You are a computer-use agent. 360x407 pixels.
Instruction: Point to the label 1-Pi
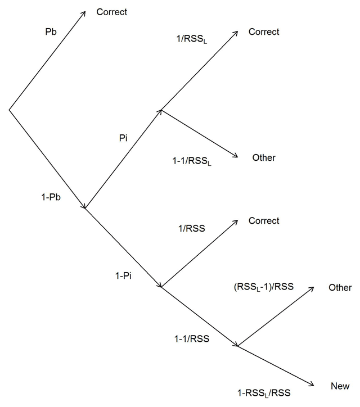coord(123,275)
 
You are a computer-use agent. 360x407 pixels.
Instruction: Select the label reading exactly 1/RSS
coord(191,228)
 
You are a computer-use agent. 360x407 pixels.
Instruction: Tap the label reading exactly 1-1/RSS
coord(191,338)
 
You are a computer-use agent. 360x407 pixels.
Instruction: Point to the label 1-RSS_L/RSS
coord(264,393)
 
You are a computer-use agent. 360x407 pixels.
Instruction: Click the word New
coord(340,386)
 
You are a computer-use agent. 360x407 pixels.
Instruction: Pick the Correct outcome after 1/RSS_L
coord(264,32)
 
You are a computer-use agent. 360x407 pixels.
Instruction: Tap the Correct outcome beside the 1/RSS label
coord(264,221)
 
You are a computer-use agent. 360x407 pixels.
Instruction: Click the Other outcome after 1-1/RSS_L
coord(264,158)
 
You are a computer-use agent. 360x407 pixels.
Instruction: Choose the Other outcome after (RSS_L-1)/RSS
coord(340,288)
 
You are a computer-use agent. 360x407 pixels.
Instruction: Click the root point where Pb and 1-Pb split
coord(9,108)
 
